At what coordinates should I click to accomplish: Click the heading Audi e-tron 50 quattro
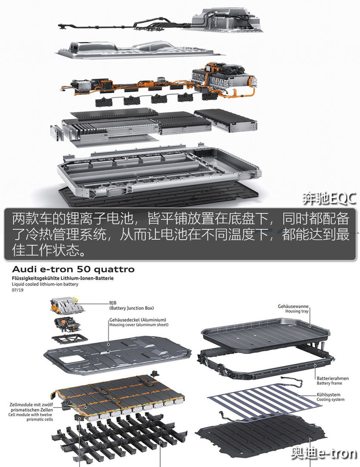tap(73, 269)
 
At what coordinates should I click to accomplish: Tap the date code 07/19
tap(17, 290)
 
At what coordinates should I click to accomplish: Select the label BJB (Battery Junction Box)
tap(131, 306)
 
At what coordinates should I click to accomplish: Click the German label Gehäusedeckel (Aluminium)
tap(137, 320)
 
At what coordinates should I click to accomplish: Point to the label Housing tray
tap(297, 311)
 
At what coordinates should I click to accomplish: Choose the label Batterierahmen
tap(333, 378)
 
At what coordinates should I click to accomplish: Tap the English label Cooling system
tap(331, 399)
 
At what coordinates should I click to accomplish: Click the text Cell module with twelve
tap(30, 415)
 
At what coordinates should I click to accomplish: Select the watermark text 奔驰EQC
tap(329, 199)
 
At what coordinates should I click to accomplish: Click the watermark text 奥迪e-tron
tap(324, 453)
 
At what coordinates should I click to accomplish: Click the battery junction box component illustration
tap(67, 305)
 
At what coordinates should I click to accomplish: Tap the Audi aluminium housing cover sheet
tap(117, 355)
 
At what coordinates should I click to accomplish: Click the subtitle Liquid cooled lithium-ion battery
tap(45, 284)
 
